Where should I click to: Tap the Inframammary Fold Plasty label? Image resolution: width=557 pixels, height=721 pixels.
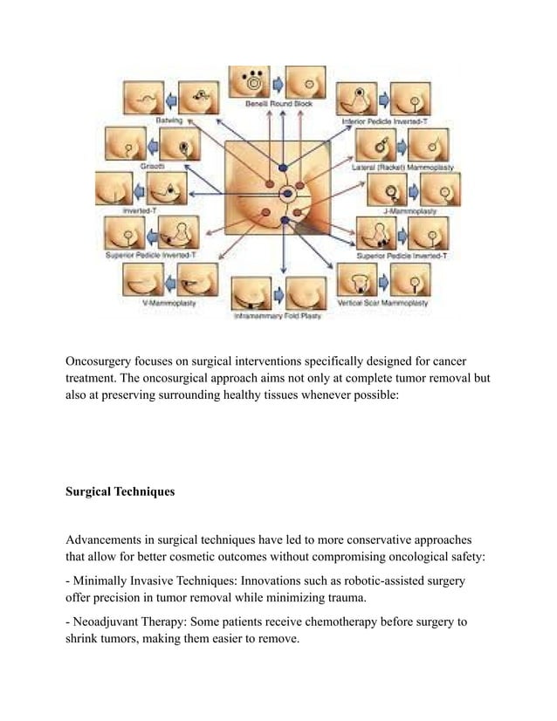click(x=277, y=315)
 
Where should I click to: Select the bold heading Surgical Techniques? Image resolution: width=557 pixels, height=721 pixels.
click(x=120, y=491)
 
